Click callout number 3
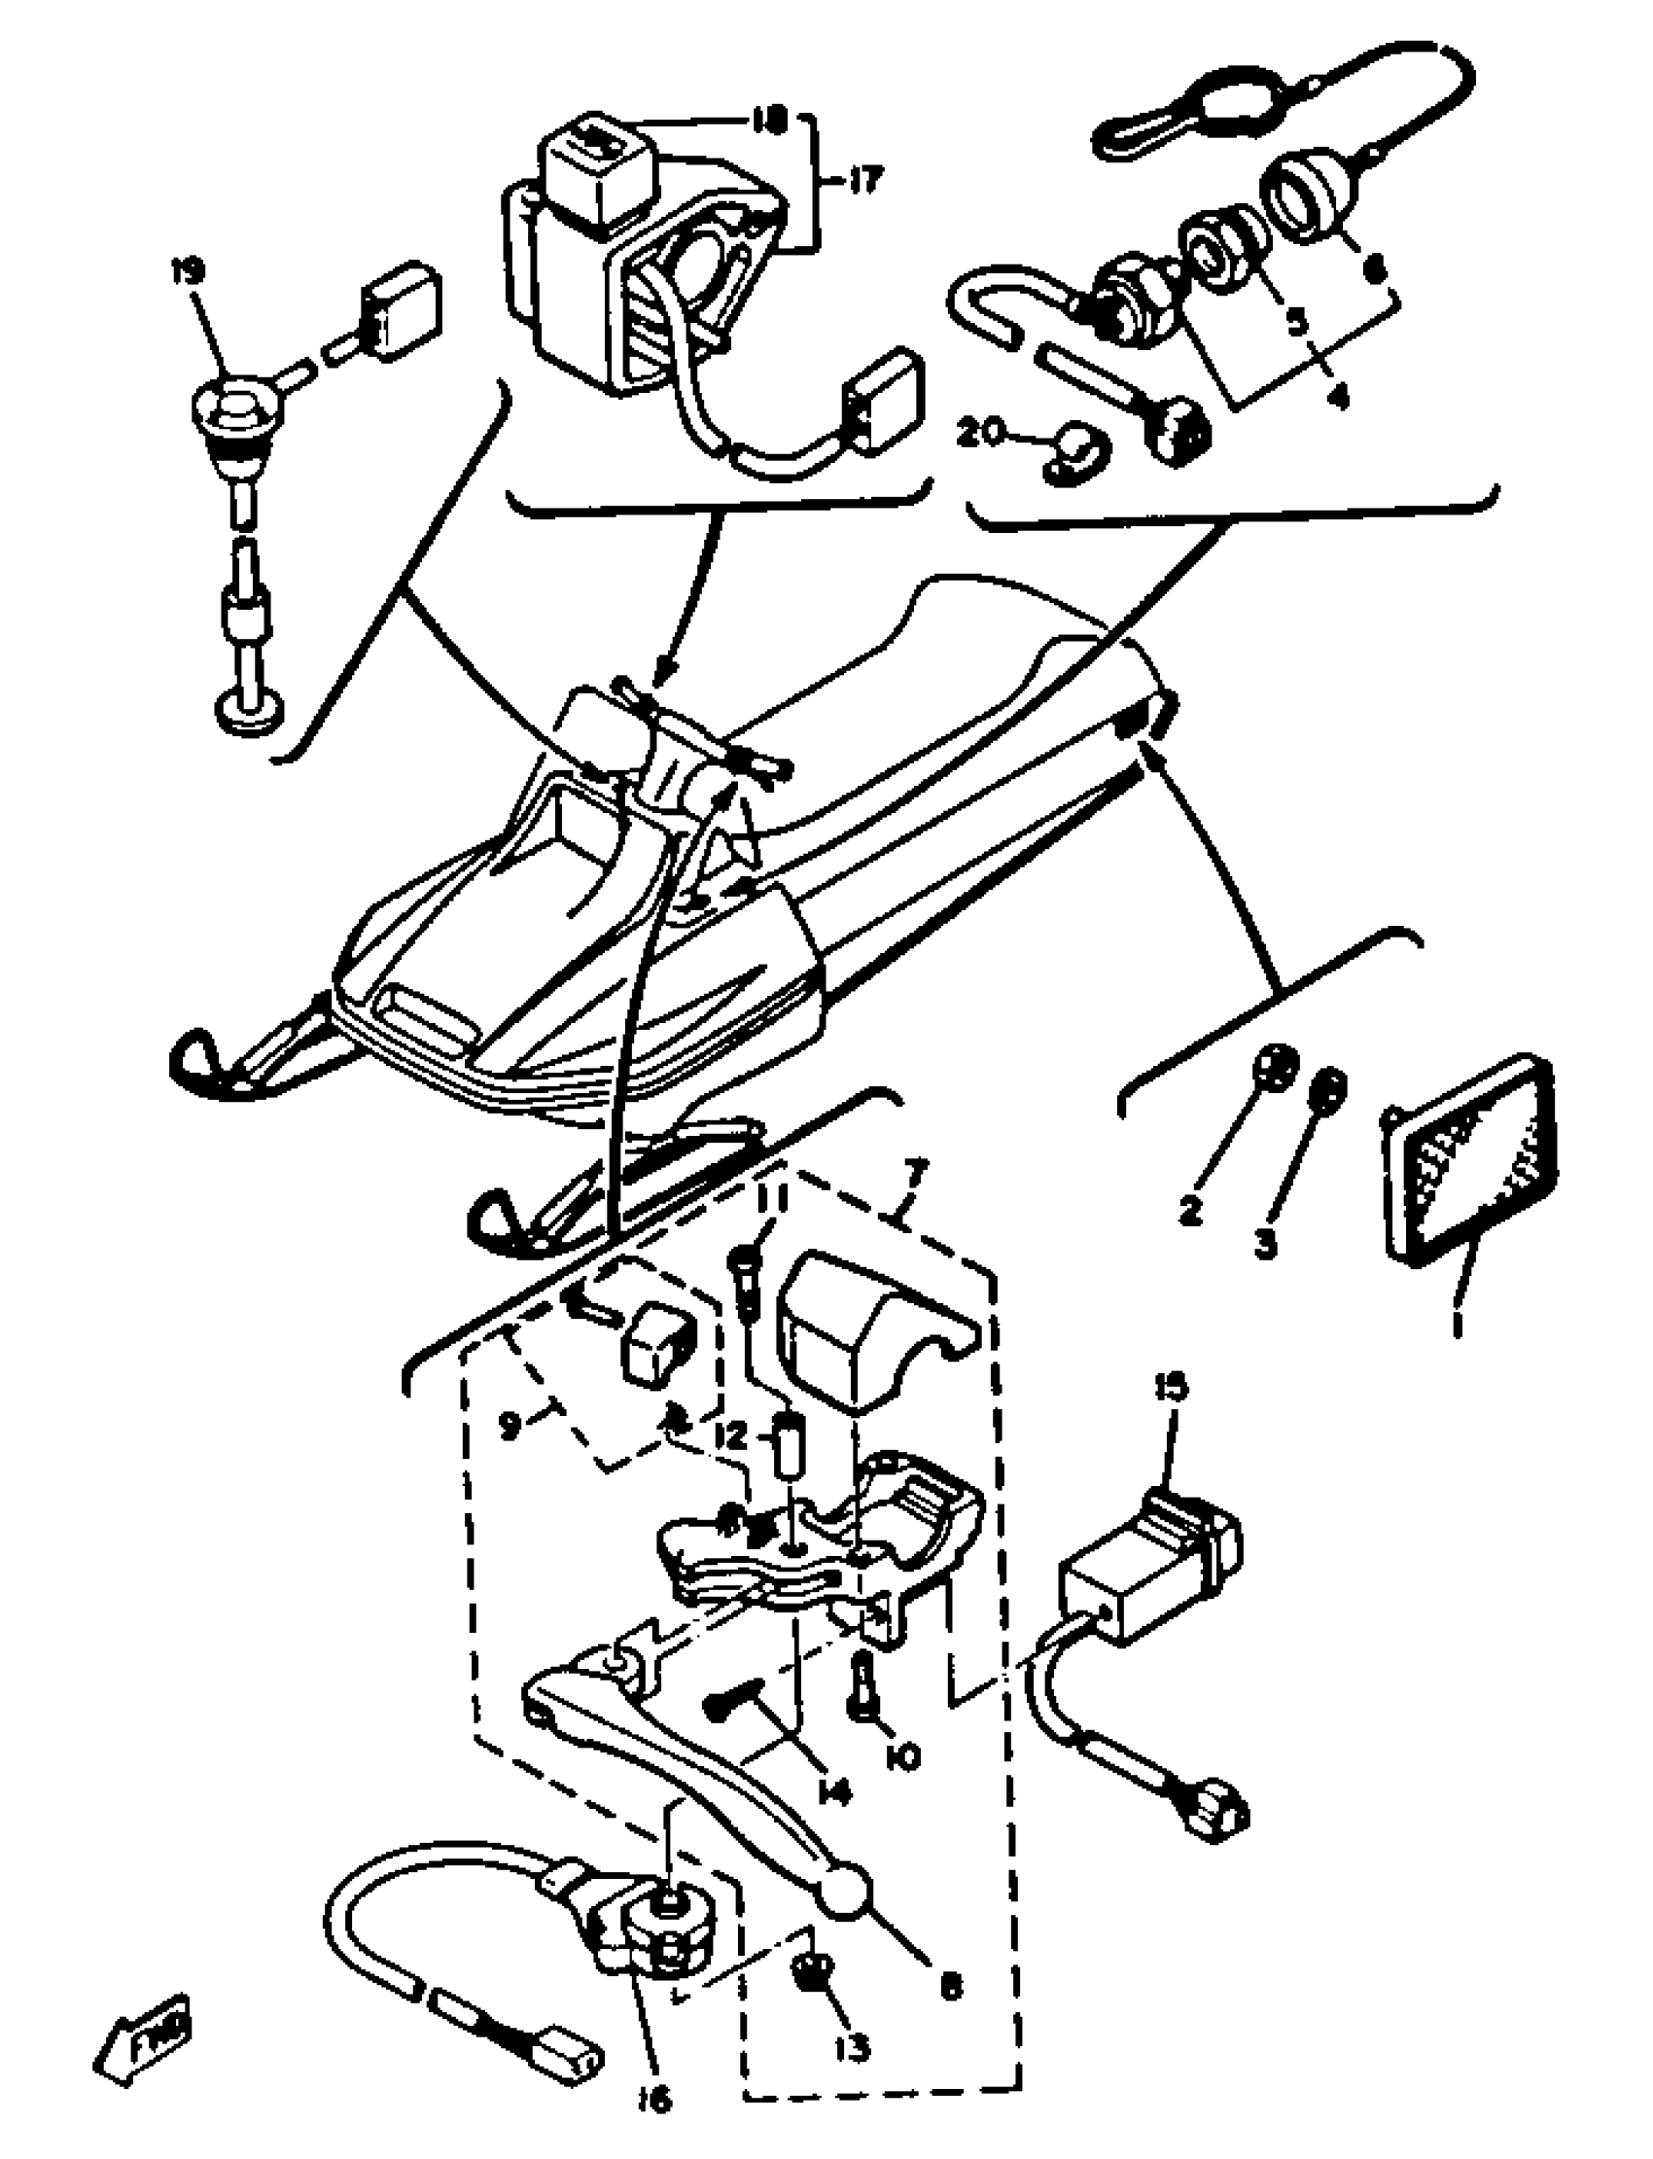pyautogui.click(x=1265, y=1242)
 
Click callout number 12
pyautogui.click(x=730, y=1437)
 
